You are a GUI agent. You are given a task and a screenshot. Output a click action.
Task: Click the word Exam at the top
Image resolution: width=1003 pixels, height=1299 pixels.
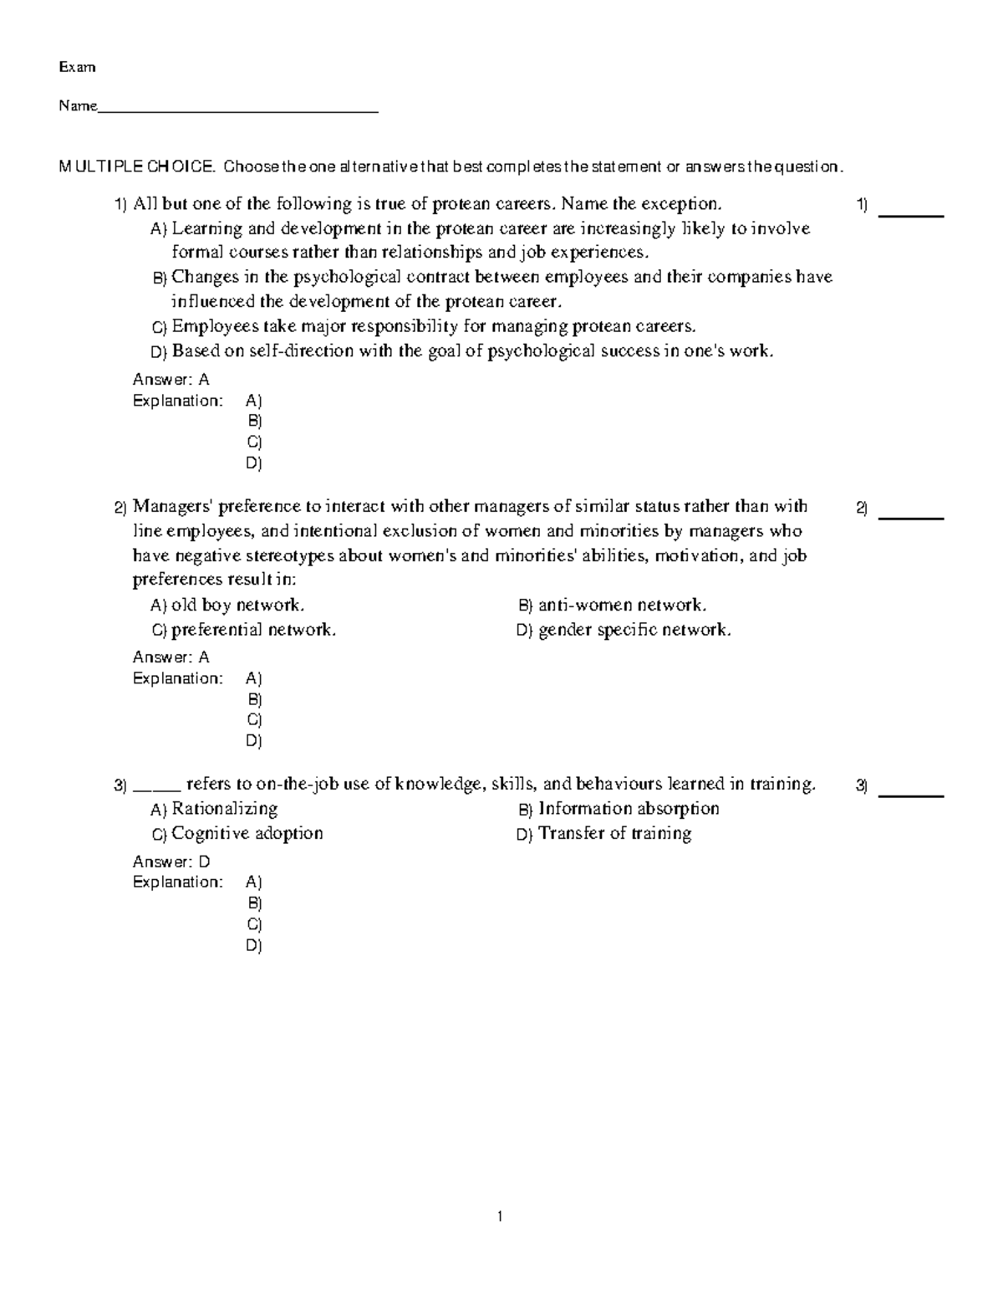(x=77, y=67)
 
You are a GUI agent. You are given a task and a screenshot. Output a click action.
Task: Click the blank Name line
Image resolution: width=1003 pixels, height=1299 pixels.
(x=238, y=108)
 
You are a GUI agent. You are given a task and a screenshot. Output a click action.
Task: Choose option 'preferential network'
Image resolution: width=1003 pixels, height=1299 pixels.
(x=253, y=630)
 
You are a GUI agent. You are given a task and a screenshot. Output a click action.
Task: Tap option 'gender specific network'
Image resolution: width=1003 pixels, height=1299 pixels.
(x=634, y=630)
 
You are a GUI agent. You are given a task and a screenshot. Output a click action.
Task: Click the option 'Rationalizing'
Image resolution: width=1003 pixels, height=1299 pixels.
(x=224, y=809)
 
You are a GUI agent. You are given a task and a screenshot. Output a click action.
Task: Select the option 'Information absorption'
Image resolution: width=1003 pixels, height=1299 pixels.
(x=629, y=809)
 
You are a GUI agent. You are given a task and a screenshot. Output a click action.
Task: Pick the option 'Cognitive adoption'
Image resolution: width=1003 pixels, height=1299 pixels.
(x=247, y=834)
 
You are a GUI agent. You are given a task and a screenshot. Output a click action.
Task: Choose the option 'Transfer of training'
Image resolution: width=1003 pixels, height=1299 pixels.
(x=614, y=834)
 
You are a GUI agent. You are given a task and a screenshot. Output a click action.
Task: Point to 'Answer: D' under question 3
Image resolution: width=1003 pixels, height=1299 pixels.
(x=171, y=862)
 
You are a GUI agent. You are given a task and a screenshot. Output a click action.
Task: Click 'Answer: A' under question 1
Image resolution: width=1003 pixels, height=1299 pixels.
(x=171, y=380)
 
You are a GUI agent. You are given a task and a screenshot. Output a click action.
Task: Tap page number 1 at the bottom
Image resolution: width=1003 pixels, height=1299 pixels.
(x=500, y=1217)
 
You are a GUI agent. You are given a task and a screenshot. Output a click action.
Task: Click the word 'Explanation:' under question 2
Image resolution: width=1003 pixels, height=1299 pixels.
(x=178, y=678)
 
